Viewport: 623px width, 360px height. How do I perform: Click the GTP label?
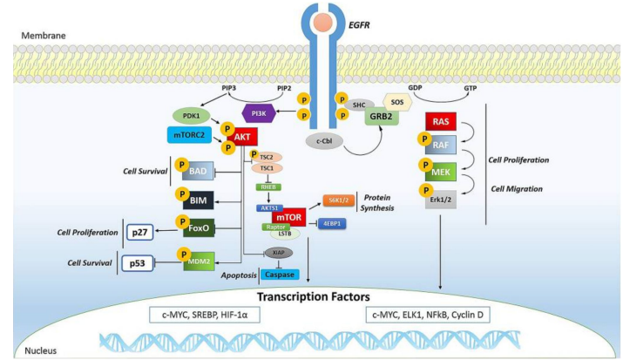471,87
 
